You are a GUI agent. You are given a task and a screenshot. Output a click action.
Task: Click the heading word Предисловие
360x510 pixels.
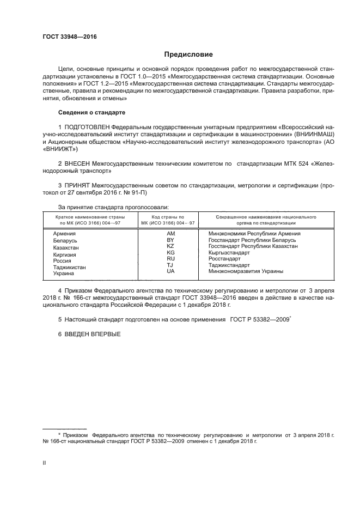tap(188, 54)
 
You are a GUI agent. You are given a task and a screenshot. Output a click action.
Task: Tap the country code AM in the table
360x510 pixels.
tap(170, 234)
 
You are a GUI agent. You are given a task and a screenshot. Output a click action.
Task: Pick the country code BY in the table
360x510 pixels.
tap(170, 240)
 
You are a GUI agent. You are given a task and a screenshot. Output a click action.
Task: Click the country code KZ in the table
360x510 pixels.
tap(170, 246)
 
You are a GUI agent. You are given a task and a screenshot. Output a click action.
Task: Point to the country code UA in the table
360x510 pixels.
tap(170, 271)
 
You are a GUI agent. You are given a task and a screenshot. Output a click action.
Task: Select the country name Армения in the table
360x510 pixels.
tap(64, 234)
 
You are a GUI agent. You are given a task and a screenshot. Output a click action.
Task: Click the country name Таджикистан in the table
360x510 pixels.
tap(69, 267)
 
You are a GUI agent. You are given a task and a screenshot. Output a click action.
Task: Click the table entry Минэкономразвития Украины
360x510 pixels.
tap(246, 271)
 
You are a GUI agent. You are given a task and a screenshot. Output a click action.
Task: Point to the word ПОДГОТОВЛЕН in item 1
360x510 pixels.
tap(87, 127)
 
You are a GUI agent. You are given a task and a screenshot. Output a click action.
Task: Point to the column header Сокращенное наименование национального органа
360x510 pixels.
tap(266, 220)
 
